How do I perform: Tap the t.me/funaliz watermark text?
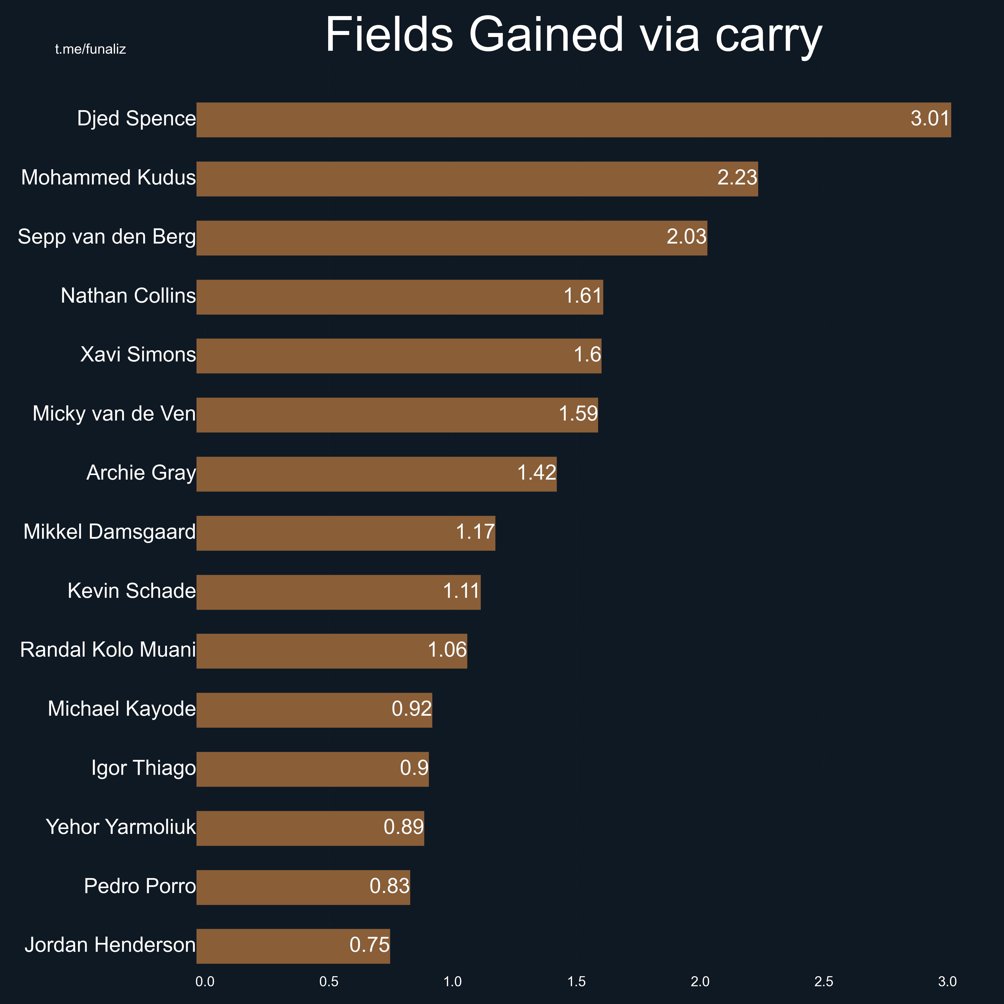click(x=90, y=49)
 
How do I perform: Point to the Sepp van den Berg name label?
click(x=107, y=237)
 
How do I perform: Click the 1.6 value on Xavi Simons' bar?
click(x=587, y=355)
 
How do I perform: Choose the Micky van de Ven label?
click(x=114, y=414)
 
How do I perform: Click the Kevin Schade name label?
click(x=132, y=591)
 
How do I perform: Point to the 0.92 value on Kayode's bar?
click(x=412, y=709)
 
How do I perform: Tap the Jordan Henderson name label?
click(x=110, y=945)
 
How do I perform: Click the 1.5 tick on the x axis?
click(x=576, y=982)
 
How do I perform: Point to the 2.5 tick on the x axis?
click(x=824, y=982)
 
